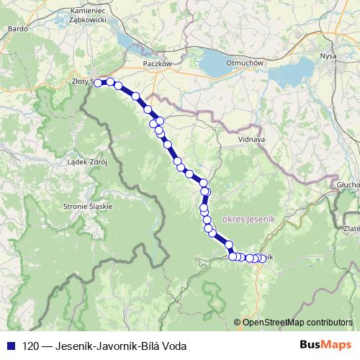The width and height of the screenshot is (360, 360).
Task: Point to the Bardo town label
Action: [x=16, y=30]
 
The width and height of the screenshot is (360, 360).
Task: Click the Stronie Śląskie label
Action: [x=89, y=206]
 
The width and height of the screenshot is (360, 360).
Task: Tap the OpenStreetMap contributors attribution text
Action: [x=297, y=323]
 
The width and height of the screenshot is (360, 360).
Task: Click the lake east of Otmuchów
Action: [x=288, y=72]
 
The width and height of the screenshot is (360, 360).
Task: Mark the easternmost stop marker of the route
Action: [x=261, y=258]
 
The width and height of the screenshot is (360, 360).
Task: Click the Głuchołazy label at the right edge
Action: [x=348, y=184]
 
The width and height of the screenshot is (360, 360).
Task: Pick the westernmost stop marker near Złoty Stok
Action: [x=99, y=82]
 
